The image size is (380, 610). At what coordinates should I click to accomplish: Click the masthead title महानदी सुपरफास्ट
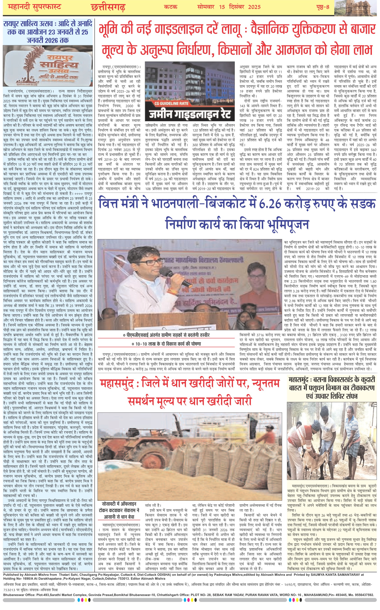pos(35,7)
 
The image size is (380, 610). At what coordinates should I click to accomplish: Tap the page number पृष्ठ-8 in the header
pos(323,7)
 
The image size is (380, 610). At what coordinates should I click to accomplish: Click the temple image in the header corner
pos(357,7)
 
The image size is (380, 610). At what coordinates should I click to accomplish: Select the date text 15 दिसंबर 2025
pos(240,7)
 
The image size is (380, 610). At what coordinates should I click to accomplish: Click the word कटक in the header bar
pos(171,7)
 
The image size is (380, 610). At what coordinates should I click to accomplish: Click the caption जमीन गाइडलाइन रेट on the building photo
pos(190,114)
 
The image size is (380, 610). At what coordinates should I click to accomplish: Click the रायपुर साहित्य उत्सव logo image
pos(48,65)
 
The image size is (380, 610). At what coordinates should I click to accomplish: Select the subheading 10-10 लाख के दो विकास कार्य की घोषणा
pos(166,344)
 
